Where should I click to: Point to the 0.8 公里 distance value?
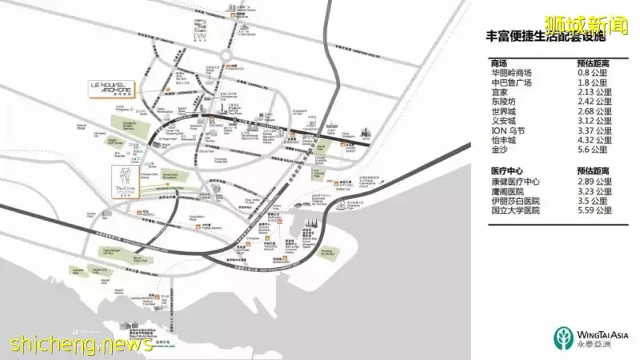click(592, 73)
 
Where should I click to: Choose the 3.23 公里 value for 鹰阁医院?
click(594, 191)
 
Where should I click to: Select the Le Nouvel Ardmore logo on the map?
click(110, 87)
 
